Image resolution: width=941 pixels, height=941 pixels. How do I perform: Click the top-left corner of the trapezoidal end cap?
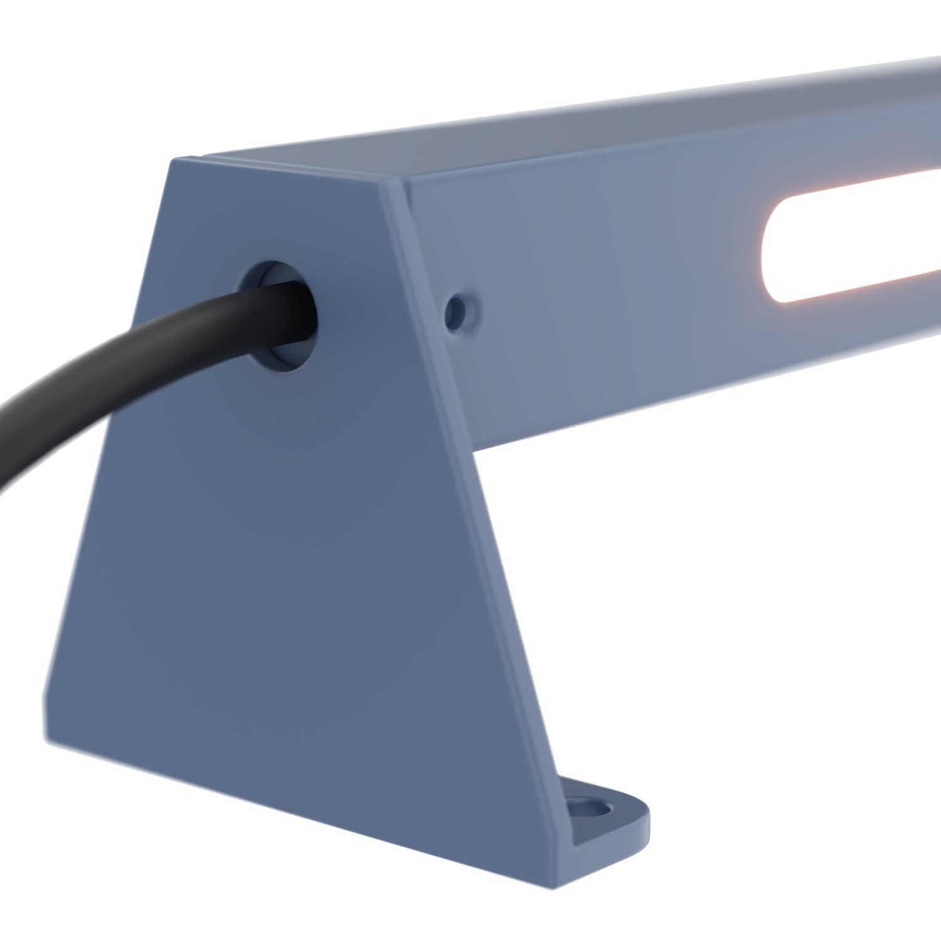[x=172, y=161]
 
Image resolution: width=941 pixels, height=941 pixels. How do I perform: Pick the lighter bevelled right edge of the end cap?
[x=477, y=502]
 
